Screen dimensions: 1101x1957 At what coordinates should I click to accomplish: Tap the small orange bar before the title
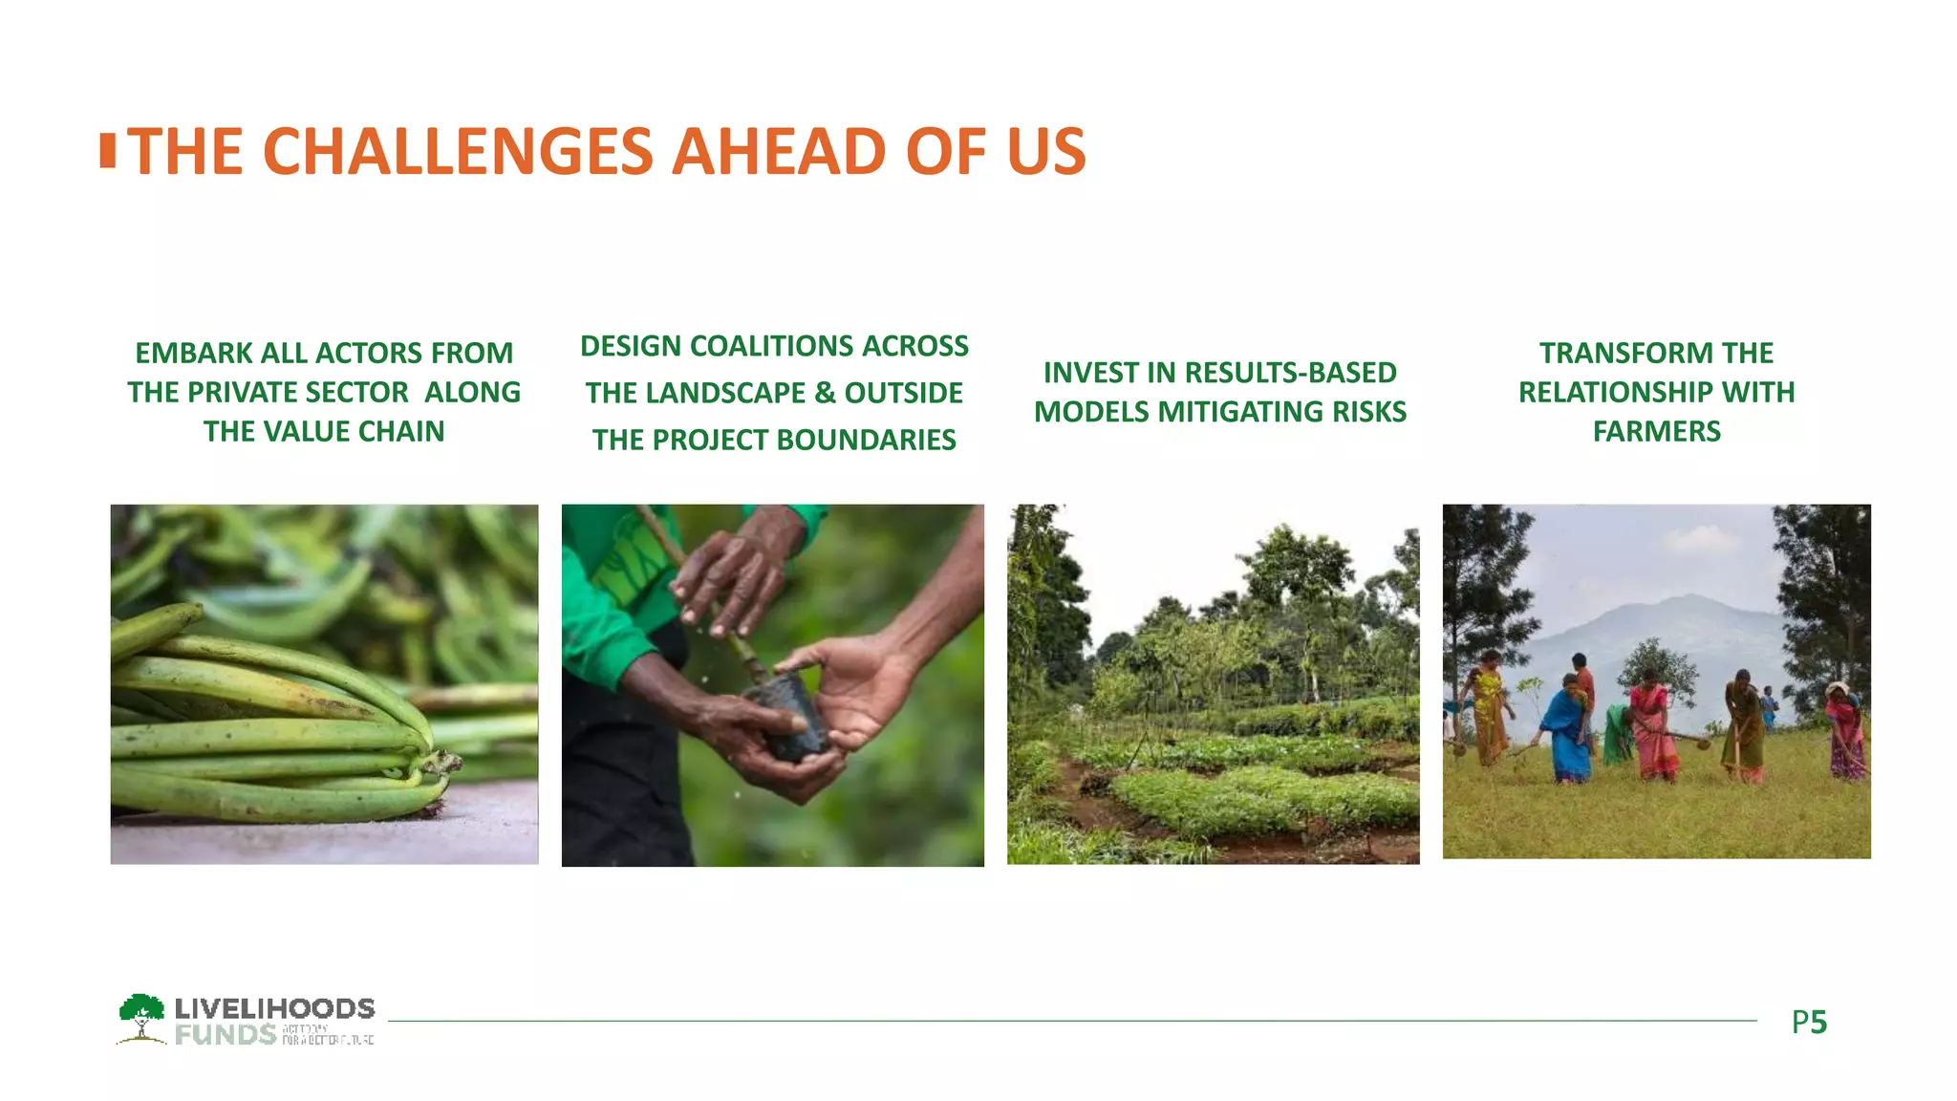click(x=108, y=151)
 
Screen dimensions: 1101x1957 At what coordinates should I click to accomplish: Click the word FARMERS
click(x=1656, y=431)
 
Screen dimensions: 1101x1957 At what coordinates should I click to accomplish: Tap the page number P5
click(x=1809, y=1023)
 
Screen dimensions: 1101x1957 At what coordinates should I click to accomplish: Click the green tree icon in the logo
click(x=141, y=1015)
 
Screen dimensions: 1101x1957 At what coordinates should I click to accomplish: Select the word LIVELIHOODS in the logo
click(x=274, y=1008)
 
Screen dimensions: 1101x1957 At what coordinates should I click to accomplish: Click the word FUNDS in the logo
click(x=226, y=1035)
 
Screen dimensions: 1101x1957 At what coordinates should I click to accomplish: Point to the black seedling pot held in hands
click(x=790, y=717)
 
